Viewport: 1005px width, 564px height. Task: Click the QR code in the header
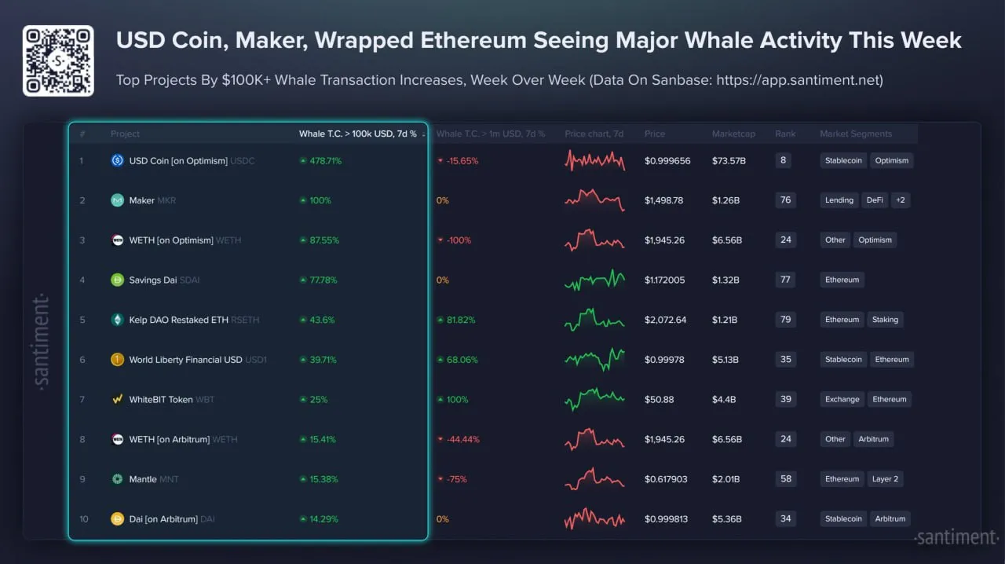tap(58, 60)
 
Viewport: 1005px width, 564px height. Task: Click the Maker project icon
tap(117, 200)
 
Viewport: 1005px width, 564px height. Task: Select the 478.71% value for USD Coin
tap(320, 161)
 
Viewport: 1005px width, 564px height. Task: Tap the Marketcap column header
tap(733, 134)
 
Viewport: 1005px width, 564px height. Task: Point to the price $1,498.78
tap(663, 200)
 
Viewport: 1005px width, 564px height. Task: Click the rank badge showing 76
tap(785, 200)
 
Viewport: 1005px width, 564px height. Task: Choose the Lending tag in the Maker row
tap(839, 200)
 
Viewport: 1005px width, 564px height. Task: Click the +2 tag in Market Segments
tap(900, 200)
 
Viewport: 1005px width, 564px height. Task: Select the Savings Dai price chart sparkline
tap(594, 280)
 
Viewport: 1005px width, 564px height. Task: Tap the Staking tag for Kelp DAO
tap(885, 320)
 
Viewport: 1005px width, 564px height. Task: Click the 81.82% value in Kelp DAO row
tap(456, 320)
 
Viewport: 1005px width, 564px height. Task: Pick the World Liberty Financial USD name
tap(185, 360)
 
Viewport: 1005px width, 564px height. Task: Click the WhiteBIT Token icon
tap(117, 400)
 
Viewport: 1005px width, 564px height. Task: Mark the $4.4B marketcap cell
tap(723, 400)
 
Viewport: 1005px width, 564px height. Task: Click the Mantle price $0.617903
tap(666, 479)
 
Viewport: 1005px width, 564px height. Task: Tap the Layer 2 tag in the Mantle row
tap(885, 479)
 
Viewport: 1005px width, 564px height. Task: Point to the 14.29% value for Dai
tap(319, 519)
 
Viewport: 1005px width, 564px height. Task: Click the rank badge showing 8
tap(784, 160)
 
